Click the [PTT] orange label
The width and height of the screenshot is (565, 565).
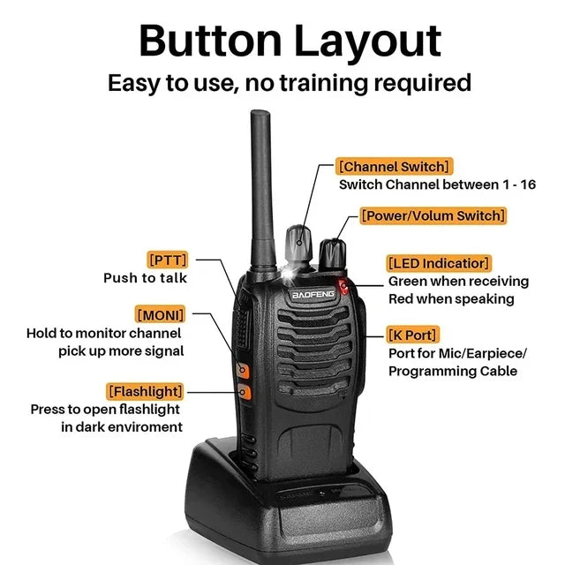(x=168, y=260)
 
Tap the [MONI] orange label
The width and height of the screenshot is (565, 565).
(x=161, y=314)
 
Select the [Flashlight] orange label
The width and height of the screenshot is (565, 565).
(x=145, y=392)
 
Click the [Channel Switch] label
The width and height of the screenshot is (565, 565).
(x=395, y=167)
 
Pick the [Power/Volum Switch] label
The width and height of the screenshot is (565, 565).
(x=433, y=215)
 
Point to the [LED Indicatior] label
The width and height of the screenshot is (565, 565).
(x=439, y=263)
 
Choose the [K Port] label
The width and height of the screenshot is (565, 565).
(x=413, y=335)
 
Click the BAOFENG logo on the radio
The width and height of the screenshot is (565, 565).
(x=313, y=294)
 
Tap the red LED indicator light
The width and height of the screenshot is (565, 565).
(x=343, y=287)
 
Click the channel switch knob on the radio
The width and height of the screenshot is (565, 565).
(x=298, y=245)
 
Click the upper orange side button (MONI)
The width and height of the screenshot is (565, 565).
(x=243, y=370)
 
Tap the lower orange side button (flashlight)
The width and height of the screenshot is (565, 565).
(x=244, y=392)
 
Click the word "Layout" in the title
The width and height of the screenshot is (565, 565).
(x=368, y=41)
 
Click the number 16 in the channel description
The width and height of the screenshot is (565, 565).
(x=528, y=185)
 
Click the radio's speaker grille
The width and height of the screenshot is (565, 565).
(x=314, y=350)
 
